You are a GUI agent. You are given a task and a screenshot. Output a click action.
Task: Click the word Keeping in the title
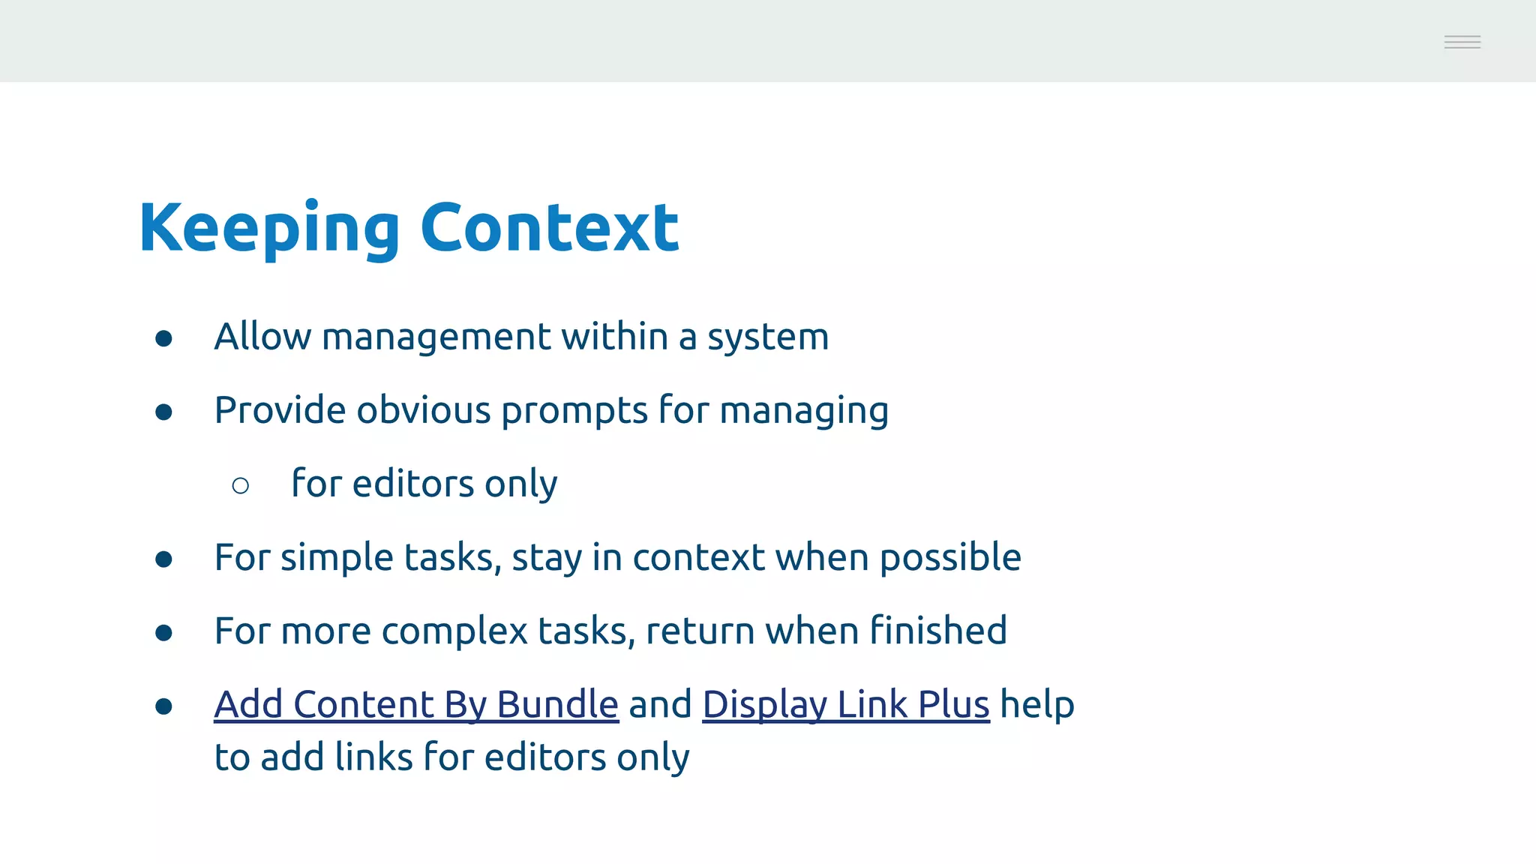click(269, 229)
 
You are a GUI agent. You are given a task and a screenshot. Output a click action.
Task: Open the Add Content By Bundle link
click(416, 705)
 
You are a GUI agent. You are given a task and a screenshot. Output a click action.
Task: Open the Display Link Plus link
click(845, 705)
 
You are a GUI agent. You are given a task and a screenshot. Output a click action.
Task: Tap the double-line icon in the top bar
click(1462, 43)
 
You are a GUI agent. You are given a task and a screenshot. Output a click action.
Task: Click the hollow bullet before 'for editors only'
click(241, 486)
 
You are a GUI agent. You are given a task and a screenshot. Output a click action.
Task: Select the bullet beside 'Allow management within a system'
click(164, 339)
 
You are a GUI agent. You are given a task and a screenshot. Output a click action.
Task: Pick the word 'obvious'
click(423, 411)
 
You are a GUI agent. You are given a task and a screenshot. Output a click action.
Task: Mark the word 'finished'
click(938, 631)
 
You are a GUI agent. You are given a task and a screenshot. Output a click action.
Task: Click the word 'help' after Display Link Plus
click(1037, 706)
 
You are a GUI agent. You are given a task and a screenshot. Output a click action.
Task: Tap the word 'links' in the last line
click(373, 757)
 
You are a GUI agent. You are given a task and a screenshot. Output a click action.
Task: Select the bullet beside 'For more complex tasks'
click(164, 633)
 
